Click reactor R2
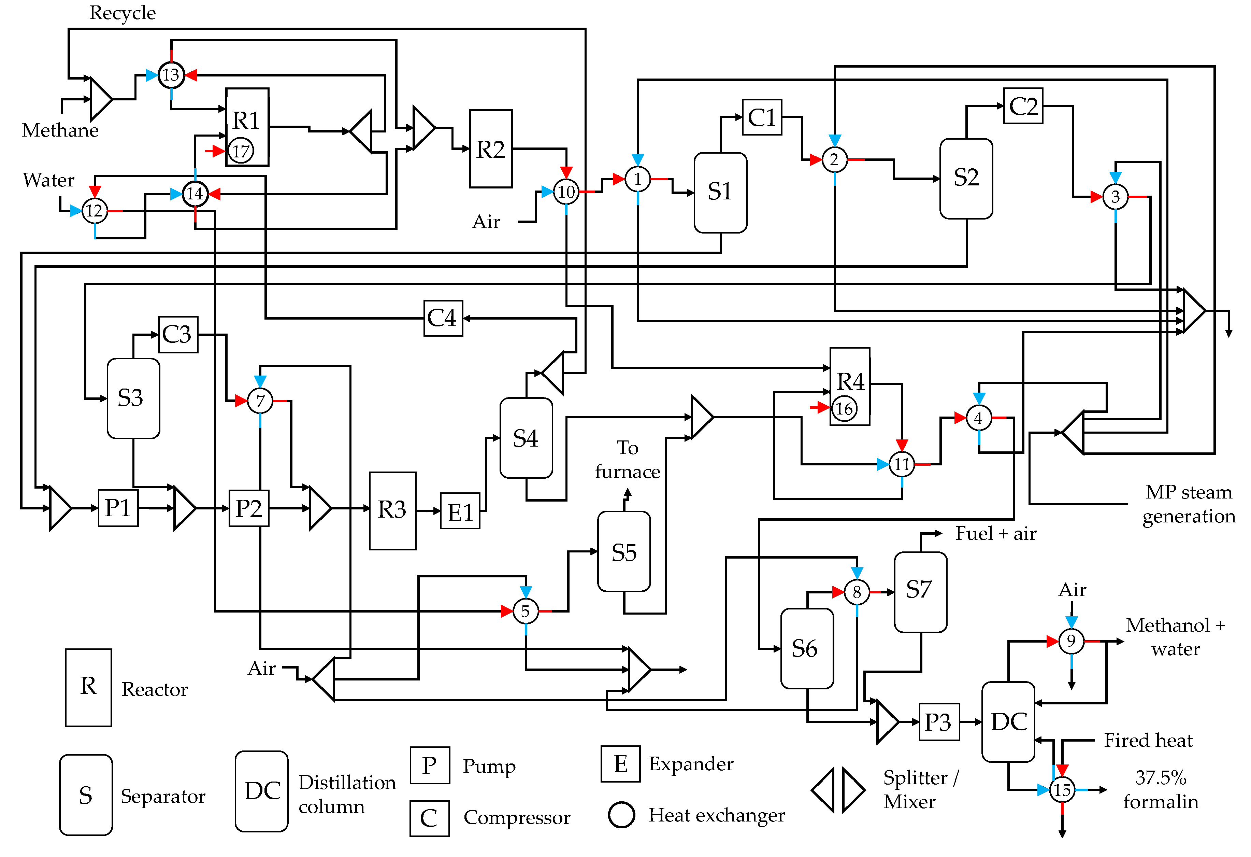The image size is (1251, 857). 490,149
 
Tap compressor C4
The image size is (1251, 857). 443,318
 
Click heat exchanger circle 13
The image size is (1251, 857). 171,75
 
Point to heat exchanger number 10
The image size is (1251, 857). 566,192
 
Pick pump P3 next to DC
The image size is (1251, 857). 938,722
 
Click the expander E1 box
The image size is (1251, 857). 460,511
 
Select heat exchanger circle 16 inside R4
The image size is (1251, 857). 844,409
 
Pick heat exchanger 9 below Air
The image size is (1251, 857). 1071,641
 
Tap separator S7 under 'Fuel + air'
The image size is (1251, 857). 920,591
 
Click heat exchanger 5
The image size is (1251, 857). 526,611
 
